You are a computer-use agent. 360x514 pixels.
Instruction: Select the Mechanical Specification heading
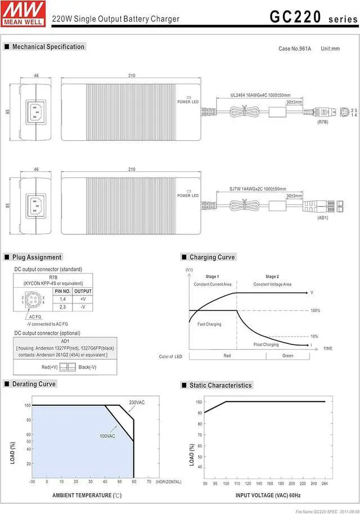click(48, 47)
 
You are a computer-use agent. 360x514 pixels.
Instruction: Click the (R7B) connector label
click(323, 122)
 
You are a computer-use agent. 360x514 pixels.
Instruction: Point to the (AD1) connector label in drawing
click(322, 217)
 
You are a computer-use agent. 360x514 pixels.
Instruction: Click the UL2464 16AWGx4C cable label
click(260, 95)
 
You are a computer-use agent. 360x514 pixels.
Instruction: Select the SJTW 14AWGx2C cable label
click(258, 189)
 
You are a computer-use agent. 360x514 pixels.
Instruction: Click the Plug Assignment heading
click(37, 257)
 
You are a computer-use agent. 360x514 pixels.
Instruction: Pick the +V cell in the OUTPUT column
click(83, 299)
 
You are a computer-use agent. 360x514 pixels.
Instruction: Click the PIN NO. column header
click(62, 291)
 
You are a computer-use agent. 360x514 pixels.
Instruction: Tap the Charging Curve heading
click(212, 257)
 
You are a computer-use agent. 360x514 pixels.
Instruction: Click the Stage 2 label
click(272, 276)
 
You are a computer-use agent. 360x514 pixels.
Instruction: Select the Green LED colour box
click(287, 356)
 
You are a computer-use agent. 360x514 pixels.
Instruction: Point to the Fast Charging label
click(209, 324)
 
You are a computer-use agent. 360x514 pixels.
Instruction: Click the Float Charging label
click(266, 345)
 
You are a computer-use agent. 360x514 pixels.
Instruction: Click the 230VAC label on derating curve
click(137, 402)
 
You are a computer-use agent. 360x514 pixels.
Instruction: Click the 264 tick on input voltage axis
click(325, 483)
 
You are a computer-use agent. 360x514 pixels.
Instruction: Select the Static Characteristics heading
click(220, 385)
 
